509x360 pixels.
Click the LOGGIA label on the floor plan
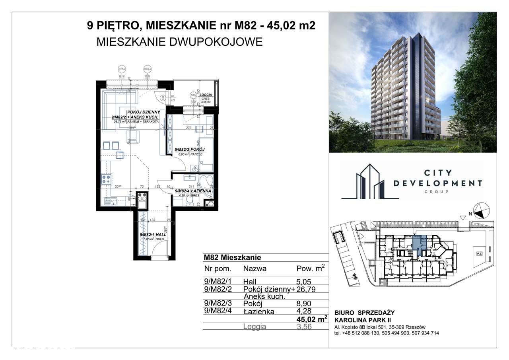click(x=208, y=95)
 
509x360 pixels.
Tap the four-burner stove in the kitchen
click(x=106, y=179)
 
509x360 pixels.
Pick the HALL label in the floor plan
click(x=161, y=235)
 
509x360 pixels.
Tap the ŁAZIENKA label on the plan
click(x=201, y=191)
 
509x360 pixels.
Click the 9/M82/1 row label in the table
click(x=215, y=280)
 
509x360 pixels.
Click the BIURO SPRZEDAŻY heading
click(x=365, y=313)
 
